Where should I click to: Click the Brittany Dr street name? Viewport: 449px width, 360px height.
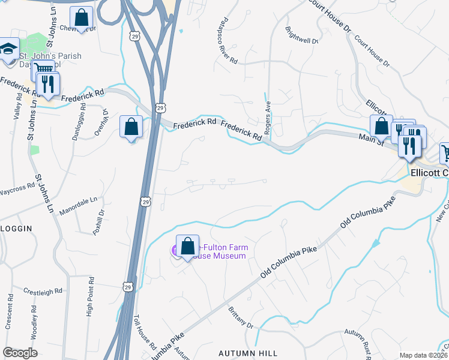point(241,317)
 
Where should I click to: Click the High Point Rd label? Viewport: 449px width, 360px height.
point(90,296)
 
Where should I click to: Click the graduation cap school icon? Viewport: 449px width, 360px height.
point(8,49)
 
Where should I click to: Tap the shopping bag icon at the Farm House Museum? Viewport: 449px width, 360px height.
point(187,246)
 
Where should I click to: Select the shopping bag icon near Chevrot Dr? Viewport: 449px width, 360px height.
point(81,17)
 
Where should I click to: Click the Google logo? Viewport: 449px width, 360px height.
point(20,353)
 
